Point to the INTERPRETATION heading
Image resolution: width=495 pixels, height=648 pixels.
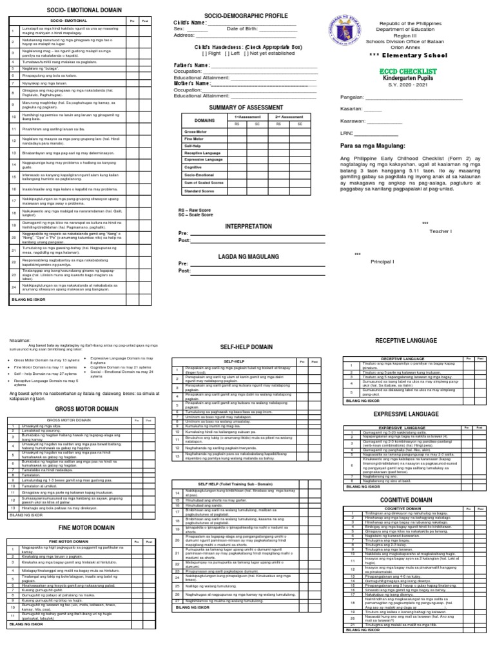click(x=247, y=227)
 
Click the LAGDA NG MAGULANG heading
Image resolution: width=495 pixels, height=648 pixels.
click(x=247, y=256)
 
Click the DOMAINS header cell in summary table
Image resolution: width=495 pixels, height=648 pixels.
click(x=204, y=120)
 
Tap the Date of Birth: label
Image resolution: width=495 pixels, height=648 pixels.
click(x=249, y=29)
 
